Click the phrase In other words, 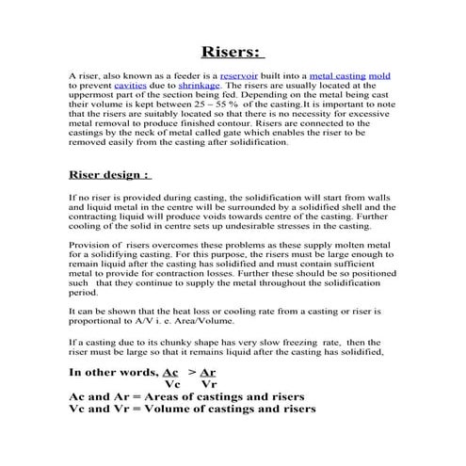pyautogui.click(x=114, y=372)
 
